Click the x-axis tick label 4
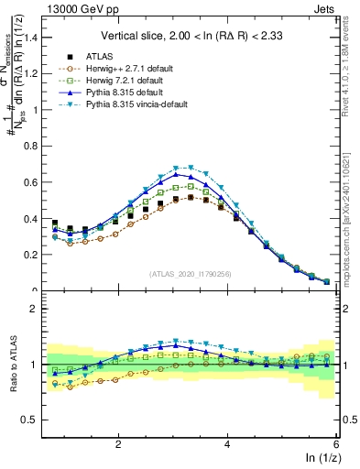click(x=227, y=444)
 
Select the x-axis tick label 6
click(x=336, y=444)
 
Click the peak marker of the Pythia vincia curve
click(x=191, y=168)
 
